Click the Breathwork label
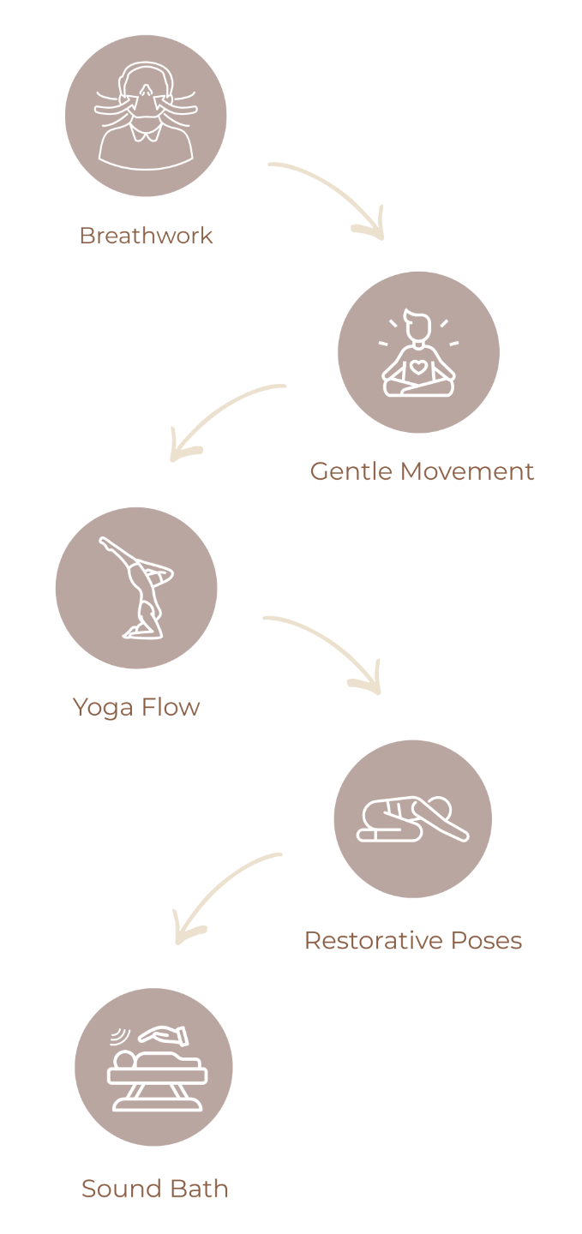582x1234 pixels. [x=146, y=235]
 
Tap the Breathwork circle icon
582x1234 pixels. [x=146, y=115]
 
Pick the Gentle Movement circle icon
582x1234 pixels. [x=418, y=351]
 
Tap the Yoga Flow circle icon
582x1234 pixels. [x=136, y=588]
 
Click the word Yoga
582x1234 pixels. [x=102, y=708]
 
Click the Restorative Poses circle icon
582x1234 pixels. [x=412, y=818]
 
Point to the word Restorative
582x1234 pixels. [x=370, y=941]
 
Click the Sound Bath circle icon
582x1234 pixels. [x=153, y=1067]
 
